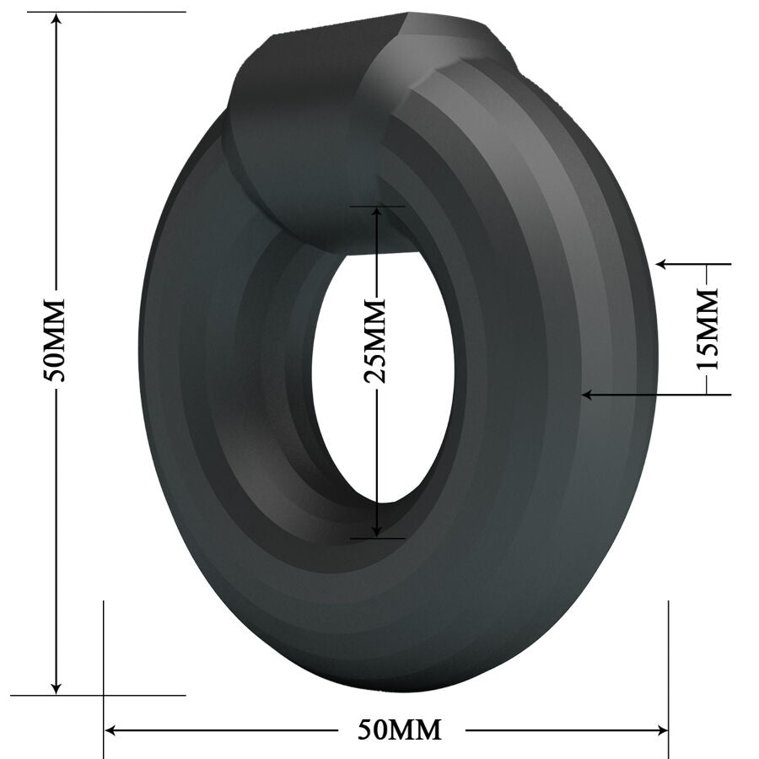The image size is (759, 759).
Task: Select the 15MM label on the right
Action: [x=707, y=328]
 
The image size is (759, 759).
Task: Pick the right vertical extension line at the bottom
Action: [x=668, y=666]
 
